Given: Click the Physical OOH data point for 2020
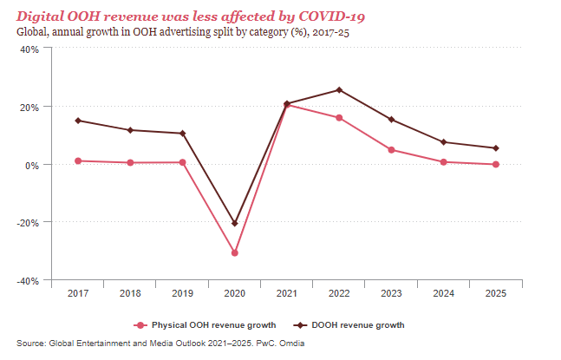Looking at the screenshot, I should tap(235, 252).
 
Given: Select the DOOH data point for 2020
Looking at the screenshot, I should tap(235, 224).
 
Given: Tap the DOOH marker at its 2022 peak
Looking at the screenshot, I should tap(339, 90).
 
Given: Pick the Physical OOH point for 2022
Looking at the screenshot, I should tap(339, 118).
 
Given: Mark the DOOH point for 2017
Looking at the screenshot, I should tap(78, 121).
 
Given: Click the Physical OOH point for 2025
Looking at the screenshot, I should tap(496, 164).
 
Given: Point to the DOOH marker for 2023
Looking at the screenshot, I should tap(392, 120).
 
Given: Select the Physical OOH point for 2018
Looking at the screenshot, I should tap(130, 162).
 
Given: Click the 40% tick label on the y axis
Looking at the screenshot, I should tap(29, 49).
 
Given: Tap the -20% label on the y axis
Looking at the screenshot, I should tap(27, 223).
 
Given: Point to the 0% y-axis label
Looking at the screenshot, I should tap(31, 165).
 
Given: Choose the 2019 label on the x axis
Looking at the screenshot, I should tap(182, 294).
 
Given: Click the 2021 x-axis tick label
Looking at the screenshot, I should tap(287, 294).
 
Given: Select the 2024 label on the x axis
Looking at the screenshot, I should tap(444, 294).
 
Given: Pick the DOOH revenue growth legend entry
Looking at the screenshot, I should tap(350, 325).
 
